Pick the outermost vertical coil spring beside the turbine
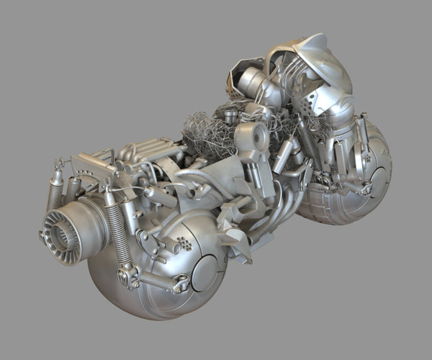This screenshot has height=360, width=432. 55,194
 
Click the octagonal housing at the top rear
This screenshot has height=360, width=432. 241,76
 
